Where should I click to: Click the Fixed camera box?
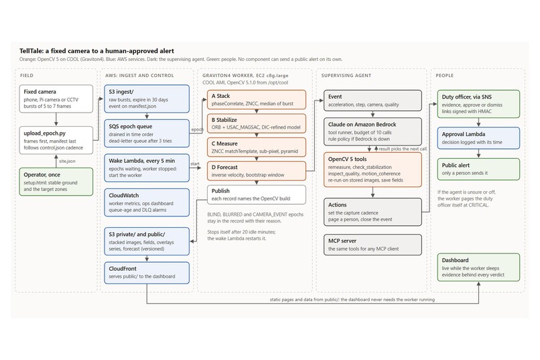tap(56, 99)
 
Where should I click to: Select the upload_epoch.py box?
tap(56, 140)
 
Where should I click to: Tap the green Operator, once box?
tap(56, 182)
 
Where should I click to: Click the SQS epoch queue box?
tap(147, 133)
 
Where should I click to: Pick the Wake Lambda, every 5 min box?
tap(147, 168)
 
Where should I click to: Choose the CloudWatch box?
tap(147, 202)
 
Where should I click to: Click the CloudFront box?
tap(147, 273)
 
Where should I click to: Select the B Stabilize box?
tap(257, 123)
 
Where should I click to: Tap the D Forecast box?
tap(257, 171)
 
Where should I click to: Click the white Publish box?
tap(257, 194)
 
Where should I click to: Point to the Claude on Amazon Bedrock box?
tap(373, 131)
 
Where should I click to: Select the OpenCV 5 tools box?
tap(373, 170)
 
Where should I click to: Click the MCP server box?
tap(373, 245)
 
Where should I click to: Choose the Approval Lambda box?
tap(478, 138)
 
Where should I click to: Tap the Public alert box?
tap(478, 169)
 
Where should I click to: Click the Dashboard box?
tap(478, 267)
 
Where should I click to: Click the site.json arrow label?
tap(67, 161)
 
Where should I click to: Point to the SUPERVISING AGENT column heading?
tap(346, 76)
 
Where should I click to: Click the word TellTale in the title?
tap(31, 51)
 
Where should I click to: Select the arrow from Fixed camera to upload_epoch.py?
tap(56, 119)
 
